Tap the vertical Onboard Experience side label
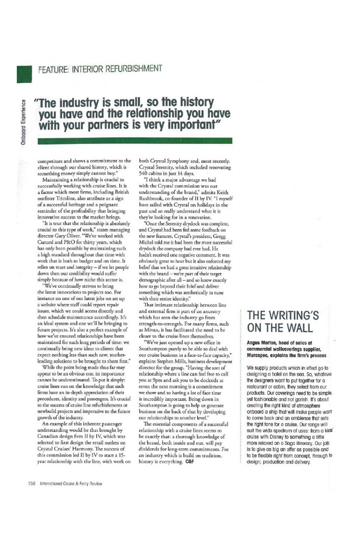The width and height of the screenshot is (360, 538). click(24, 122)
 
